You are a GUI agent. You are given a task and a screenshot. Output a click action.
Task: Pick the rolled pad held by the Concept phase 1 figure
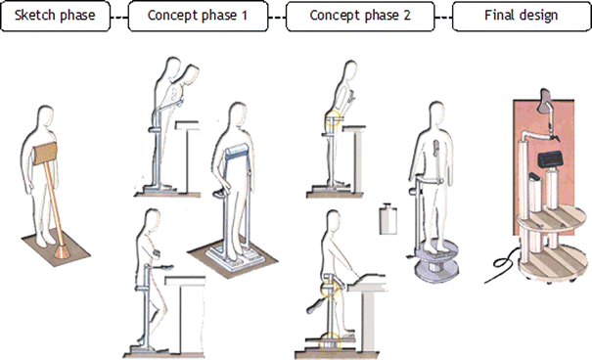click(x=239, y=153)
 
